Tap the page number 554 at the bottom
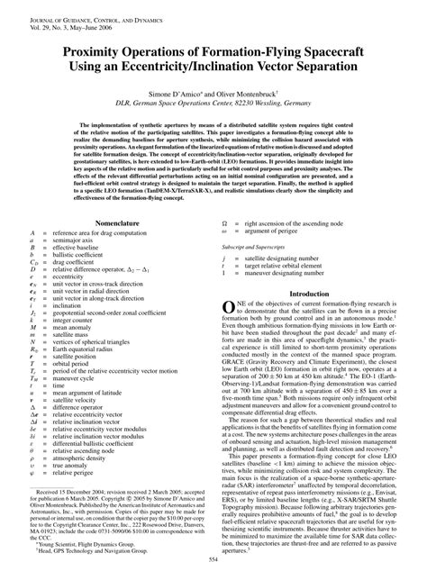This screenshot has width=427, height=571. (213, 562)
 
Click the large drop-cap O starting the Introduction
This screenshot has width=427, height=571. (229, 311)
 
